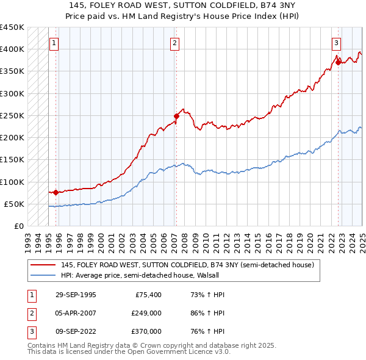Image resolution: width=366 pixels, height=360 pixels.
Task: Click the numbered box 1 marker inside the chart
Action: click(x=55, y=43)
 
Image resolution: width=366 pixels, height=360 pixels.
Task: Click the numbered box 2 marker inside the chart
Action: click(x=174, y=43)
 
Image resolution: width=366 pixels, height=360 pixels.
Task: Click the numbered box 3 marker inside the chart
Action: click(x=337, y=43)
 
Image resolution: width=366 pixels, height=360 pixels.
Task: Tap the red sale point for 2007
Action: click(x=176, y=115)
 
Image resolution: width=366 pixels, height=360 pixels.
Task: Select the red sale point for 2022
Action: click(x=338, y=62)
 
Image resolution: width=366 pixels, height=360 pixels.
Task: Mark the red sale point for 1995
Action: click(x=56, y=192)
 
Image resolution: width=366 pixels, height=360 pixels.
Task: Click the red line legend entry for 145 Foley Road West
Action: click(x=187, y=265)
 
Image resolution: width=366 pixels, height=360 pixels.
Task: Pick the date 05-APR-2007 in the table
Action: click(x=76, y=313)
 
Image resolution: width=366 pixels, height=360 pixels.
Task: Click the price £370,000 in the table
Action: click(x=146, y=331)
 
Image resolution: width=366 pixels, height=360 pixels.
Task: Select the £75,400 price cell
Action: click(x=148, y=295)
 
